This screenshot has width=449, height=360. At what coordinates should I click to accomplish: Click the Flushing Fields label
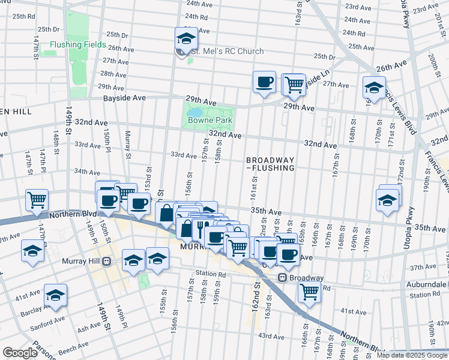(x=78, y=45)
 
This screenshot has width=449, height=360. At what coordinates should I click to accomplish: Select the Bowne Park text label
(x=210, y=121)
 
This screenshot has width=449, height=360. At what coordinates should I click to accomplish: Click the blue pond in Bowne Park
(x=194, y=112)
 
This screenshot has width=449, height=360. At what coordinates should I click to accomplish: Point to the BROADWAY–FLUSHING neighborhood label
(x=270, y=164)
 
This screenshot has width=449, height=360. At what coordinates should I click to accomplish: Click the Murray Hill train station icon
(x=106, y=261)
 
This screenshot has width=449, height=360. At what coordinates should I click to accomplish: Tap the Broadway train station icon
(x=283, y=278)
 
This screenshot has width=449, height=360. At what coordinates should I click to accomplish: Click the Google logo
(x=20, y=353)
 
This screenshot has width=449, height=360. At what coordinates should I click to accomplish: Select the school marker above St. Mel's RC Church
(x=186, y=40)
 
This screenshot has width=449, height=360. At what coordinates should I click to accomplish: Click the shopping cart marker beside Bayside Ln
(x=294, y=85)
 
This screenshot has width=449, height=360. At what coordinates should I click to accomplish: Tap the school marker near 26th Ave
(x=374, y=88)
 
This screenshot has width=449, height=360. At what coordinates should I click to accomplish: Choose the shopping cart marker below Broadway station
(x=310, y=292)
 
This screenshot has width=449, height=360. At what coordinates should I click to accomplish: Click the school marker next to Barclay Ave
(x=55, y=296)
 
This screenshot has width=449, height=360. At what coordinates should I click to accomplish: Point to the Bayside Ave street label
(x=124, y=97)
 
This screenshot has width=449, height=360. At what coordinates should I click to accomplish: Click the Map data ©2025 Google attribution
(x=411, y=355)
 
